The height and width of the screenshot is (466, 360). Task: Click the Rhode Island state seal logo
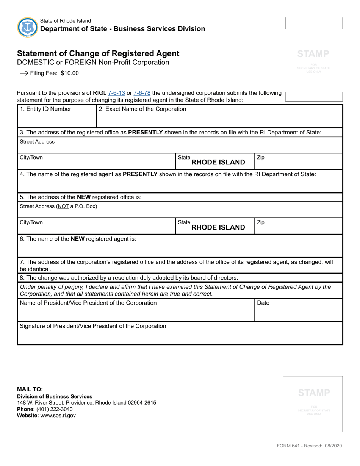click(x=27, y=27)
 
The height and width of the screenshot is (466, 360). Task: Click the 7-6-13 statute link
click(x=116, y=93)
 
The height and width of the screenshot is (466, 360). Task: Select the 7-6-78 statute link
click(x=142, y=93)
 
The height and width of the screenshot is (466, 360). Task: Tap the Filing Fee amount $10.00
click(x=70, y=73)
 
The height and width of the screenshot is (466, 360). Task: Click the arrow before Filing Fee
click(x=24, y=73)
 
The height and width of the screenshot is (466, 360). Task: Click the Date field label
click(x=263, y=303)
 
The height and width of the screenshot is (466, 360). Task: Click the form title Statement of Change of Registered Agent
click(x=98, y=53)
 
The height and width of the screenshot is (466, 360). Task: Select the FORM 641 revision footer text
click(x=309, y=446)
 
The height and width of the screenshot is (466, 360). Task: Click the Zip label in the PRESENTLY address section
click(x=261, y=157)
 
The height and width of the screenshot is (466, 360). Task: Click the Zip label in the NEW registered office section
click(x=261, y=222)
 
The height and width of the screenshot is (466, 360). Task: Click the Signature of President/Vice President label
click(x=92, y=326)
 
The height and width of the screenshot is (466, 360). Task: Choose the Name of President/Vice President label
click(x=88, y=303)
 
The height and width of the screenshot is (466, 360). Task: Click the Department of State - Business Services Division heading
click(x=122, y=29)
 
